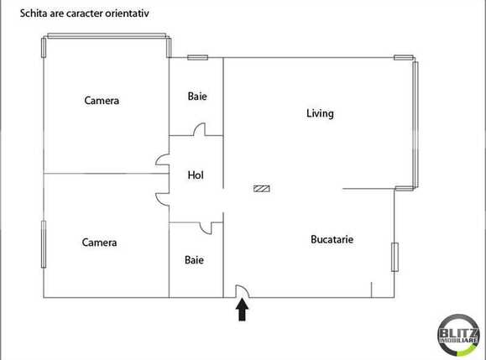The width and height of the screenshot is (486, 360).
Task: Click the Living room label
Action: tap(320, 114)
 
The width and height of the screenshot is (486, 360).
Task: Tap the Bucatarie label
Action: tap(332, 239)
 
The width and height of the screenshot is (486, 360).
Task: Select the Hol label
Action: tap(196, 175)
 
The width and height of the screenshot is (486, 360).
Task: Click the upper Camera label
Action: tap(102, 101)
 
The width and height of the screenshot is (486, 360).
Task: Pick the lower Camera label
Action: tap(99, 243)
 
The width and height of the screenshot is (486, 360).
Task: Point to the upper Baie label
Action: tap(197, 97)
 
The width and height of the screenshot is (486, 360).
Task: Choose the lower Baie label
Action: tap(194, 260)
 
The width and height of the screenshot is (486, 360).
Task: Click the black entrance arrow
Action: tap(242, 310)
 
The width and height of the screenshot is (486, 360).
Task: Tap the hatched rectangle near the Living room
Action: tap(262, 189)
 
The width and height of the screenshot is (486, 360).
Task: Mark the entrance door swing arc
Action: tap(240, 290)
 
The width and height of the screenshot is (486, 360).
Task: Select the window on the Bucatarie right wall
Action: tap(394, 257)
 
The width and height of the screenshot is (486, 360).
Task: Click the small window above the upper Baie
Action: tap(197, 58)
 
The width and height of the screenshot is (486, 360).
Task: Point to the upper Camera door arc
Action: tap(161, 161)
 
